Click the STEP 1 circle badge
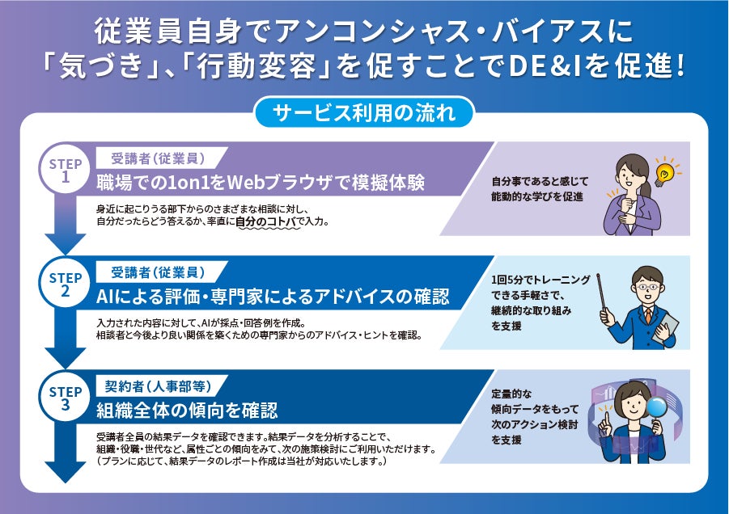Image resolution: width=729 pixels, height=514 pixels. (x=66, y=171)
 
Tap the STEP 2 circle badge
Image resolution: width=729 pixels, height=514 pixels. (x=66, y=285)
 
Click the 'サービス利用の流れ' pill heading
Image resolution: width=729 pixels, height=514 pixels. (x=364, y=112)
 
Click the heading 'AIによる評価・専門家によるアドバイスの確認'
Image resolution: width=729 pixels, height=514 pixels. (x=272, y=295)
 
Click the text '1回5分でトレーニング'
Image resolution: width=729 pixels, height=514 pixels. (x=540, y=279)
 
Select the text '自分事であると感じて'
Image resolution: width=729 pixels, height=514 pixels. (x=540, y=182)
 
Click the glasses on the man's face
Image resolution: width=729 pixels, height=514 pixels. (x=644, y=286)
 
